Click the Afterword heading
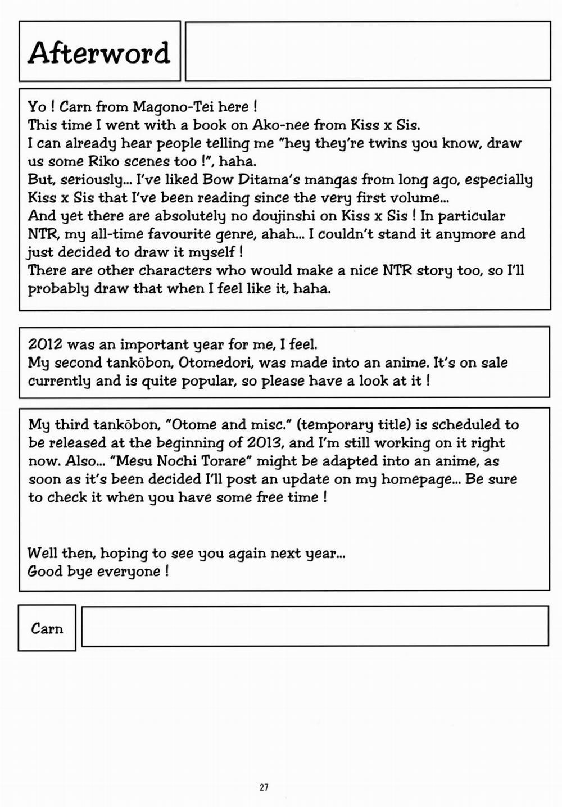pyautogui.click(x=99, y=53)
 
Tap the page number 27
pyautogui.click(x=264, y=787)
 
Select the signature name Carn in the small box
pyautogui.click(x=47, y=628)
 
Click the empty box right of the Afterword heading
pyautogui.click(x=368, y=51)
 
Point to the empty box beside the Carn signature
pyautogui.click(x=315, y=626)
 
